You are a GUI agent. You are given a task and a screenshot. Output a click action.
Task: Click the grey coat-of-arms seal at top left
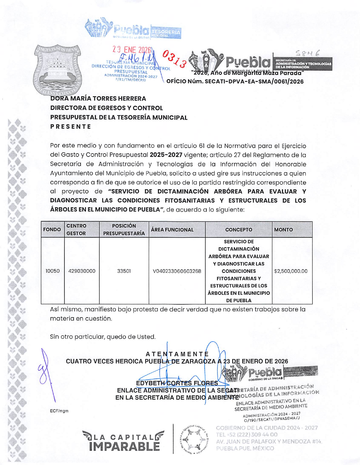pos(58,71)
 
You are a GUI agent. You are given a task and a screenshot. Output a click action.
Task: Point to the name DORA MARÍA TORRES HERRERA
pos(98,99)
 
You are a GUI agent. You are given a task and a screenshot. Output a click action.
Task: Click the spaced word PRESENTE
pos(71,126)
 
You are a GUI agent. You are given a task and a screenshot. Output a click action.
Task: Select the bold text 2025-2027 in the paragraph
pos(166,155)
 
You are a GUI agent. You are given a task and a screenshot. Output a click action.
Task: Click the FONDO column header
pos(52,230)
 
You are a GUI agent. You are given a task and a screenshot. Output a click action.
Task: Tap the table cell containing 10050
pos(53,271)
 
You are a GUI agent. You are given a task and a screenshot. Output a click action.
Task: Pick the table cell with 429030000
pos(82,271)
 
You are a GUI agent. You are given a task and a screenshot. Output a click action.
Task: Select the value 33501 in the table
pos(124,271)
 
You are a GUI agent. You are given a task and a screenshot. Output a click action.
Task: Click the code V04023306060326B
pos(177,271)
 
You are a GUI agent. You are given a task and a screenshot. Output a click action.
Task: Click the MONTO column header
pos(283,230)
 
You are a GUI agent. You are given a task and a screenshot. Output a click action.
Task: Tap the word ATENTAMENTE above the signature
pos(177,354)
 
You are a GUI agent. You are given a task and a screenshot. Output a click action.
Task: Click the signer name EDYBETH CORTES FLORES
pos(177,383)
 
